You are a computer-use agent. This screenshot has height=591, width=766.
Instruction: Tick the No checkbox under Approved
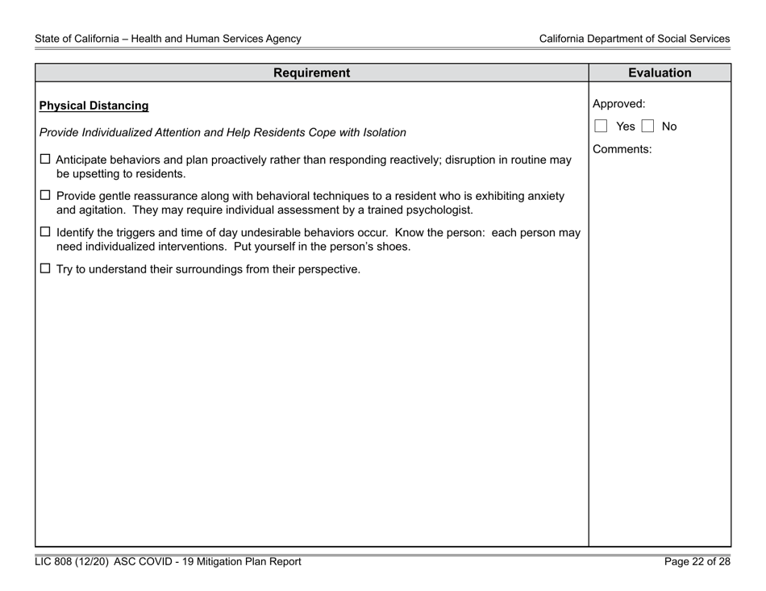click(649, 127)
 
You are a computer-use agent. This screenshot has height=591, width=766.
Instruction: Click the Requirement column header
click(311, 73)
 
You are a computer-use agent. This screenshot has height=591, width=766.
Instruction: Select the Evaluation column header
click(659, 73)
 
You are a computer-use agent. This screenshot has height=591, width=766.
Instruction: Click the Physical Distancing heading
click(94, 106)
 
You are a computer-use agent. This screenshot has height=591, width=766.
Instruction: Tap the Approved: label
click(618, 104)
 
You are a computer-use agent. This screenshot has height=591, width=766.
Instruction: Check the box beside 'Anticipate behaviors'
click(45, 160)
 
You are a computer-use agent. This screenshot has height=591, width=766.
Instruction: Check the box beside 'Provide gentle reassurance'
click(45, 197)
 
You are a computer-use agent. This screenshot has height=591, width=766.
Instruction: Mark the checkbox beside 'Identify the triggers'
click(45, 233)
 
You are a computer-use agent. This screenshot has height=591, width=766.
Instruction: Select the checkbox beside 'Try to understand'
click(45, 269)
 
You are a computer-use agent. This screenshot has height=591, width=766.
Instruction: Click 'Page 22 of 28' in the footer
click(697, 563)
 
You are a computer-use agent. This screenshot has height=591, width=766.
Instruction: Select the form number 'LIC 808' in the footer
click(57, 563)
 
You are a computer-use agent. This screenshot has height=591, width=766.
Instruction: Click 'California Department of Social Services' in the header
click(635, 38)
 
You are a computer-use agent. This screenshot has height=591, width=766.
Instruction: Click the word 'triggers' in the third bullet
click(131, 233)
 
